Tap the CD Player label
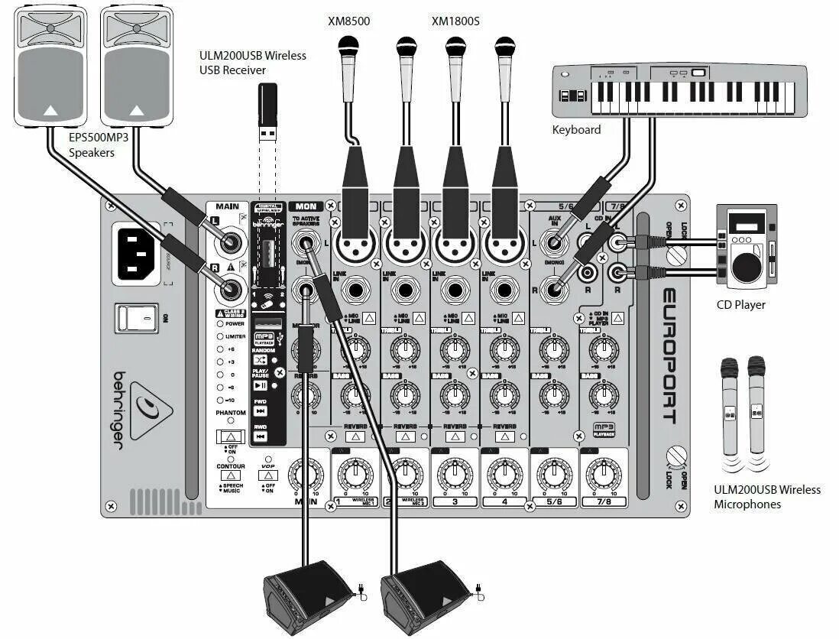[x=740, y=305]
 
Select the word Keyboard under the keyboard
[x=576, y=130]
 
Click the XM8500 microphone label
[x=348, y=21]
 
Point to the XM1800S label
[x=455, y=21]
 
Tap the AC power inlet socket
[x=138, y=253]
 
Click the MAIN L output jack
[x=229, y=244]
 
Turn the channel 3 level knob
[x=454, y=475]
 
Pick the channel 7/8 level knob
[x=604, y=475]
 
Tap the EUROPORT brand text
[x=668, y=355]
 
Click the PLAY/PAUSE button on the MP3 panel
[x=260, y=385]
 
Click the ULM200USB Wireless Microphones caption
[x=766, y=497]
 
